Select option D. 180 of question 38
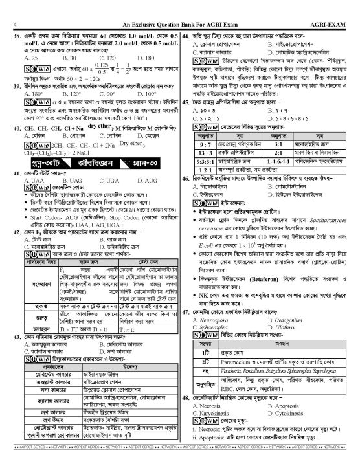coord(149,57)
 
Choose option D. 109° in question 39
coord(150,93)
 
